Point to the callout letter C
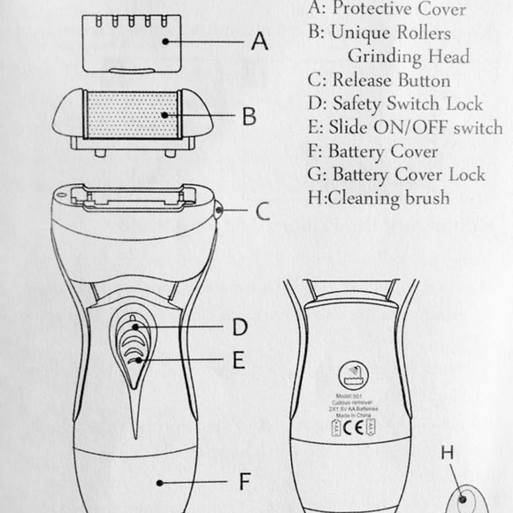tap(263, 211)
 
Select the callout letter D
tap(241, 327)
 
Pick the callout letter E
tap(239, 360)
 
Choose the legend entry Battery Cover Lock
tap(406, 174)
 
